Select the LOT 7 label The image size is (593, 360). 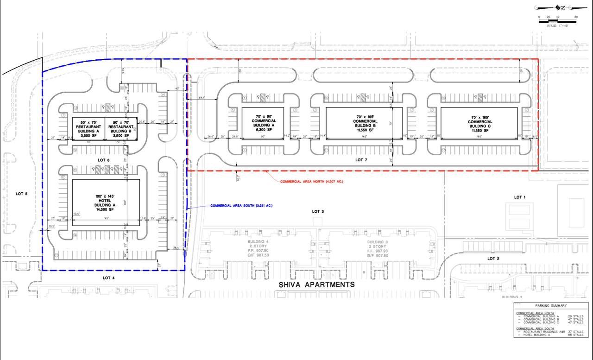[x=361, y=160]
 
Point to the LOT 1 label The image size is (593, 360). [x=520, y=197]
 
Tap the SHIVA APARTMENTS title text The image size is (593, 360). [x=316, y=284]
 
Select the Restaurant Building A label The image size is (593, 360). [x=90, y=126]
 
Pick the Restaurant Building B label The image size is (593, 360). [x=121, y=126]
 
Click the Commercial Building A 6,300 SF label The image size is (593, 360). [x=263, y=123]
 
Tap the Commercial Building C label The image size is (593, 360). [x=479, y=123]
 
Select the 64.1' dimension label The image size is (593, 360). [x=202, y=98]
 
